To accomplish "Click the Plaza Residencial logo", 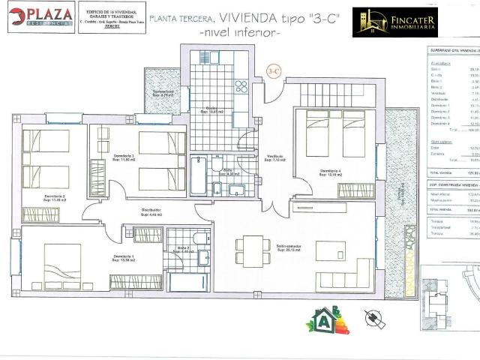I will (x=41, y=17).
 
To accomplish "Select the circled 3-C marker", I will (x=274, y=72).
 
